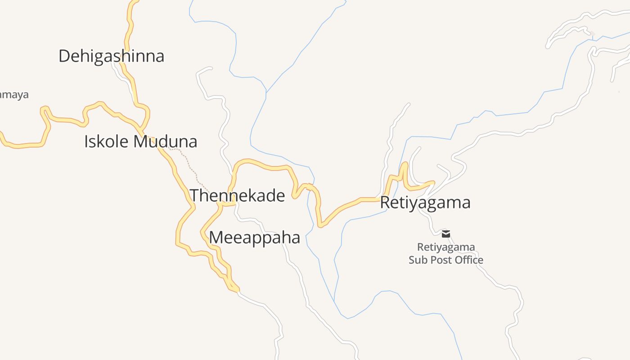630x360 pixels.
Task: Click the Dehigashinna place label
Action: [x=111, y=56]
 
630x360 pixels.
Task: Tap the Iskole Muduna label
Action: [x=140, y=142]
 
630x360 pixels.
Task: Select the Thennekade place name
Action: [x=237, y=196]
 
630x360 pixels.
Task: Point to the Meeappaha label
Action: [x=254, y=238]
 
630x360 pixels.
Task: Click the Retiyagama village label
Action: [x=425, y=202]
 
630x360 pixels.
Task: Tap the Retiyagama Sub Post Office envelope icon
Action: [x=446, y=234]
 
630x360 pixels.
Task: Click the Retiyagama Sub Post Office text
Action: [x=446, y=254]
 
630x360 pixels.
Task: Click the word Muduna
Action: [x=166, y=142]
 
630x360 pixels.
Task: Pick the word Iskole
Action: [x=107, y=142]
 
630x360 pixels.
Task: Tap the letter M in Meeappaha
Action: [x=217, y=238]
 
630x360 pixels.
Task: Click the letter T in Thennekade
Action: [x=194, y=196]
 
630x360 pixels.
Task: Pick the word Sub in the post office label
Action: [x=418, y=260]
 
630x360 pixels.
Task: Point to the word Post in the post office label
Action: [x=441, y=260]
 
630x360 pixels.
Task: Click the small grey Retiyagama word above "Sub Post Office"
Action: [x=446, y=247]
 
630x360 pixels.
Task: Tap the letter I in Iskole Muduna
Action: [x=86, y=142]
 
